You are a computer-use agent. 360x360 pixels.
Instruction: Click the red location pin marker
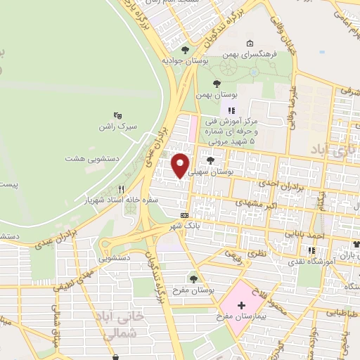[181, 165]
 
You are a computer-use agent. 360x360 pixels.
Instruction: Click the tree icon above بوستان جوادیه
[185, 50]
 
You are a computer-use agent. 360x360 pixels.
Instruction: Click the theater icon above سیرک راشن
[117, 115]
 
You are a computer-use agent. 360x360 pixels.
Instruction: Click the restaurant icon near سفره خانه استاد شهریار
[121, 189]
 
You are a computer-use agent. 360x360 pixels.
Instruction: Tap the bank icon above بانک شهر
[184, 215]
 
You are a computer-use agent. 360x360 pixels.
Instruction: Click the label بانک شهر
[185, 226]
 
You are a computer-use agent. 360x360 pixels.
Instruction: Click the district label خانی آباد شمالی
[124, 328]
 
